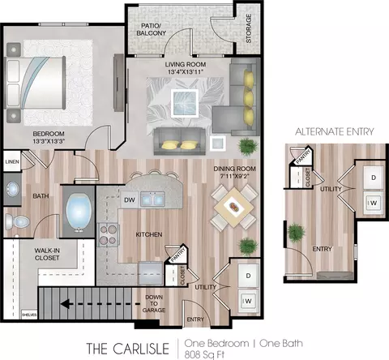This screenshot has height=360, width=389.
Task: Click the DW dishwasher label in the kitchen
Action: coord(130,200)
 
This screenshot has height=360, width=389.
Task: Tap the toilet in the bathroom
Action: coord(17,221)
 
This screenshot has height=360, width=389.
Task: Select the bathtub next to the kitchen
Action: coord(79,212)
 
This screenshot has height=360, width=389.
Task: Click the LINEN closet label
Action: coord(12,162)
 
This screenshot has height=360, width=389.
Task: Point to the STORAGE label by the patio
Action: coord(249,28)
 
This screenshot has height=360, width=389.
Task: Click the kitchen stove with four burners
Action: coord(108,234)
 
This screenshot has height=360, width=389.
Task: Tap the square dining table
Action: coord(234,208)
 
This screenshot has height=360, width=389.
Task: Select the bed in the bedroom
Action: coord(36,83)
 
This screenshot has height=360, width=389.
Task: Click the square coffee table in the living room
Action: coord(185,103)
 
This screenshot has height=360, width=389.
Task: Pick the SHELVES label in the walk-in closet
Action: coord(29,315)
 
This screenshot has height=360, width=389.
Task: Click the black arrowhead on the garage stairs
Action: coord(65,304)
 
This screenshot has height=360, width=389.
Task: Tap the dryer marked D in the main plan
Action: coord(248,276)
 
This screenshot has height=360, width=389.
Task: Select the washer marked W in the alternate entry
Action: coord(374,203)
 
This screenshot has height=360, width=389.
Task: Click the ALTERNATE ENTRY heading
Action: coord(335,131)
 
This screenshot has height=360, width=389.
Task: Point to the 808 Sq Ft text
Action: coord(204,354)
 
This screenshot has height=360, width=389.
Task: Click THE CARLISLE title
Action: coord(127,349)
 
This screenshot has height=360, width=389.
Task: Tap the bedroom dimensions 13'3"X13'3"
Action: coord(49,141)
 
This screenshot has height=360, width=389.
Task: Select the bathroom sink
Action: coord(12,189)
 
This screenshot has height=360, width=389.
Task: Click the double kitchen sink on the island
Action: coord(152,199)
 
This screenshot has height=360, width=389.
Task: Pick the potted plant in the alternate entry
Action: coord(297,232)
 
